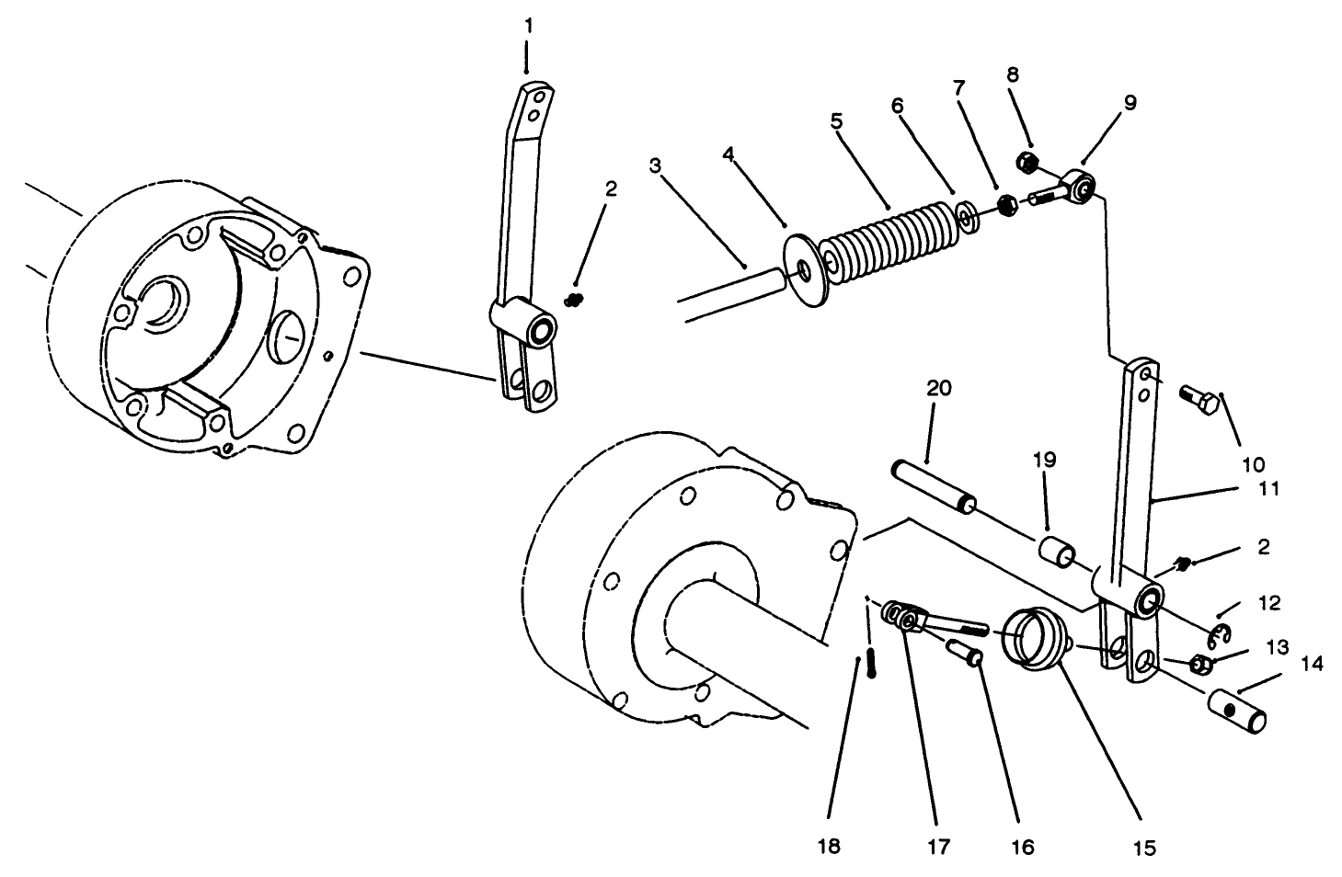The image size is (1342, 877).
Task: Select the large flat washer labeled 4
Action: pyautogui.click(x=806, y=272)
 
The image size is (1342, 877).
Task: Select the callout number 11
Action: pyautogui.click(x=1268, y=489)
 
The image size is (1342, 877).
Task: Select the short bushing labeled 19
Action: pyautogui.click(x=1057, y=553)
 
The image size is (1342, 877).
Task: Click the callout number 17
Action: pyautogui.click(x=937, y=846)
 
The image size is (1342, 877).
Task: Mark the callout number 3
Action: pyautogui.click(x=654, y=165)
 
